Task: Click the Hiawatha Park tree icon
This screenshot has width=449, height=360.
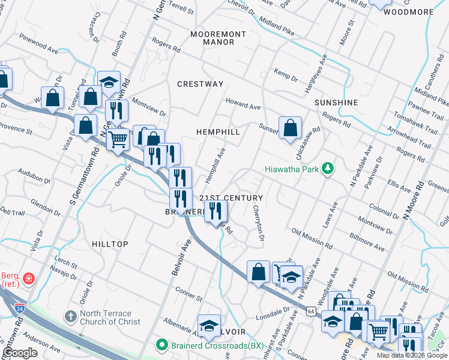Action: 327,169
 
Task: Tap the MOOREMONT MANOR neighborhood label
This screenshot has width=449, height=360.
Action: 217,38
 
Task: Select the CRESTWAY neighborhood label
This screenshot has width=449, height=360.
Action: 200,84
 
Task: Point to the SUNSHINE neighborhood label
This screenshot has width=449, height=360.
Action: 336,103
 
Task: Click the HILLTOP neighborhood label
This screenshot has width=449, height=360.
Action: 110,244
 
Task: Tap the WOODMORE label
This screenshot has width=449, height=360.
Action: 408,12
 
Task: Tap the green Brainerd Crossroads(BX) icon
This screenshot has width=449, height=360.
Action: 161,345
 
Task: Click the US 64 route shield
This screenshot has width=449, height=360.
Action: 310,311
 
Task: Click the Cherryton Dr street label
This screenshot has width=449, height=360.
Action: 259,223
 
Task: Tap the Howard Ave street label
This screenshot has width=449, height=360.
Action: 243,105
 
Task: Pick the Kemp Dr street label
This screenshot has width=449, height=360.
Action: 286,75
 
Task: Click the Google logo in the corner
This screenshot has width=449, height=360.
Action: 20,353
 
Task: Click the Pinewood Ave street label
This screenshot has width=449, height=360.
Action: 37,46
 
